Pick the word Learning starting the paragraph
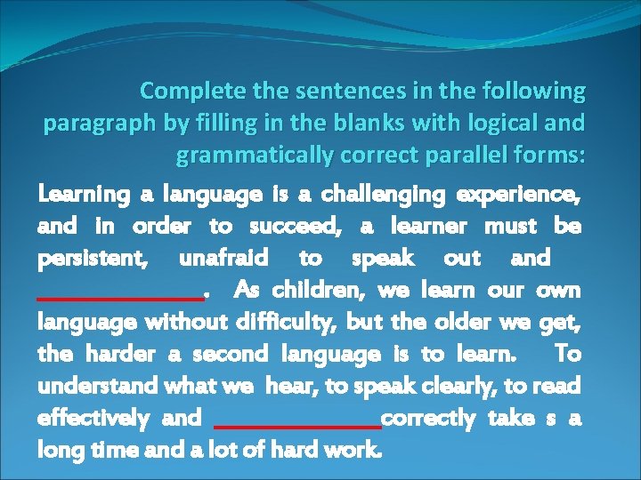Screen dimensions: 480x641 tap(80, 194)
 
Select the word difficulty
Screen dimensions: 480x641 tap(288, 322)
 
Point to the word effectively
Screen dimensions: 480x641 tap(93, 418)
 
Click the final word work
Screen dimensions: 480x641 tap(356, 450)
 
